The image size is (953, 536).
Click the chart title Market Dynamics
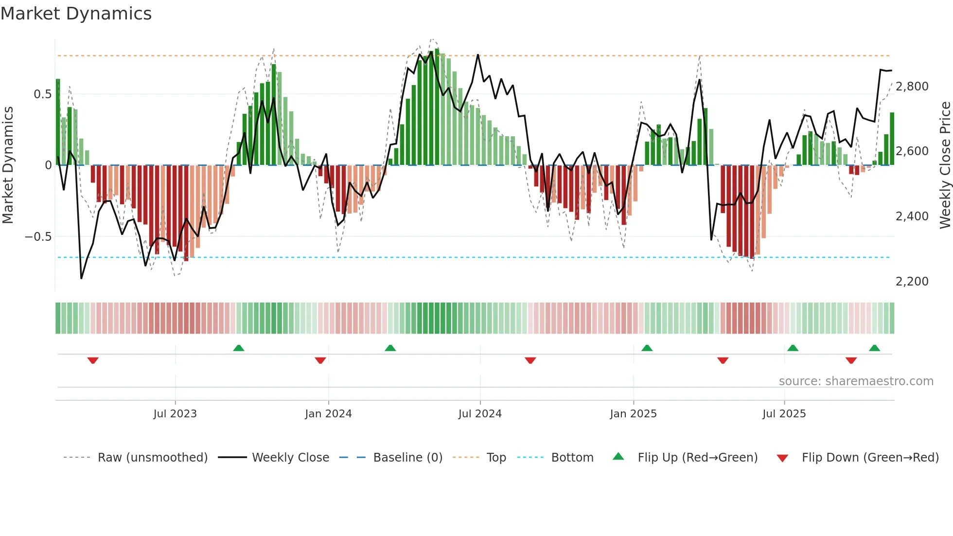[x=76, y=14]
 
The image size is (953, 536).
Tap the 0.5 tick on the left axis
[x=42, y=94]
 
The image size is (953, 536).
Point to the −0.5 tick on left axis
[x=38, y=237]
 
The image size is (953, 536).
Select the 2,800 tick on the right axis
[x=912, y=87]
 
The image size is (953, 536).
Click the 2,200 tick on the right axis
[x=912, y=282]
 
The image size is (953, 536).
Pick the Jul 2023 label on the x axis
[x=175, y=414]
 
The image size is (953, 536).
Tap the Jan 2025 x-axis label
[x=633, y=414]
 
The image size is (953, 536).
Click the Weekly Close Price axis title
[x=945, y=165]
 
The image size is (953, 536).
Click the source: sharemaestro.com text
[x=856, y=381]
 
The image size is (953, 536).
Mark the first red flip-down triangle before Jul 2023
[x=93, y=360]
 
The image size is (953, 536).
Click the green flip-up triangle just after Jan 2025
[x=647, y=348]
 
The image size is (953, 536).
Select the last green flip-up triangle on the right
[x=874, y=348]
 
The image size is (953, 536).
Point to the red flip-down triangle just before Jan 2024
[x=320, y=360]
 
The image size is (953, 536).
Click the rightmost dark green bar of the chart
[x=892, y=139]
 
